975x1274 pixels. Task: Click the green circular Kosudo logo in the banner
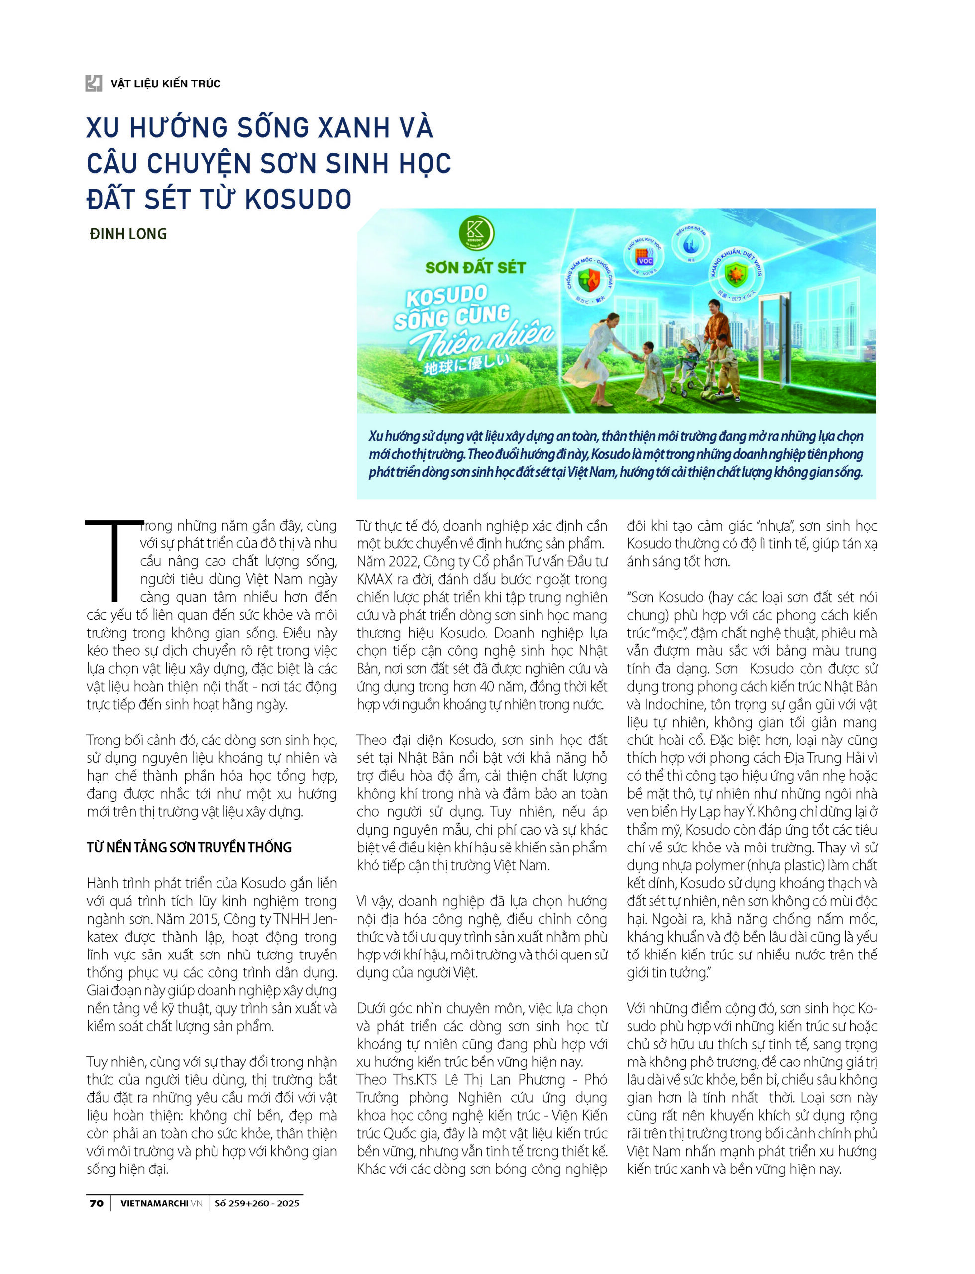tap(476, 233)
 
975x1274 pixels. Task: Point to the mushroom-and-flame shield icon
tap(589, 280)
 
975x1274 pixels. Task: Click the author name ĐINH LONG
tap(128, 234)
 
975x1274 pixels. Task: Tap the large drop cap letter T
tap(114, 560)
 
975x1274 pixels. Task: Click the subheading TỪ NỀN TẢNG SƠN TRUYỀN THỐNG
tap(189, 847)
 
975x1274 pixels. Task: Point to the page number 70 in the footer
tap(97, 1203)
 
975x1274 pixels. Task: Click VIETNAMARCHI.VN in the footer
tap(161, 1203)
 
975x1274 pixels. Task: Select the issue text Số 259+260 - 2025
tap(256, 1203)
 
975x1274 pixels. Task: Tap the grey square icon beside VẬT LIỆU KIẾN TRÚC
tap(94, 83)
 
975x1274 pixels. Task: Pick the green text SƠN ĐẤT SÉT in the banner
tap(475, 267)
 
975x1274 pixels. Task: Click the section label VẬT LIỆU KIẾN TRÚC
tap(166, 84)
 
